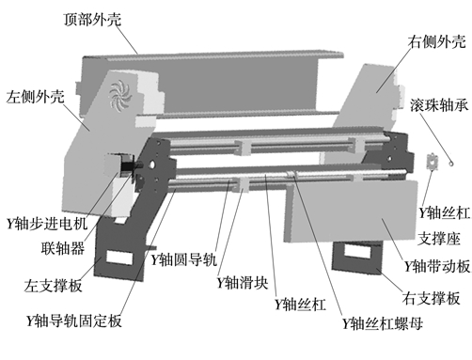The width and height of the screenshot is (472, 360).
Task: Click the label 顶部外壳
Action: coord(92,20)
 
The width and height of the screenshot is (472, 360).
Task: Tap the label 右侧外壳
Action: coord(436,41)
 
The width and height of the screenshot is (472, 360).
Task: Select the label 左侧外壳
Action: coord(36,96)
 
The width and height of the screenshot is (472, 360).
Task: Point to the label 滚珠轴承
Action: coord(439,105)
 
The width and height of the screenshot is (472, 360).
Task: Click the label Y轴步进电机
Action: coord(47,224)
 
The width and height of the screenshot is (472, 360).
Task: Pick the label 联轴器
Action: coord(63,248)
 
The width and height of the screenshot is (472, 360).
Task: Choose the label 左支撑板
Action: coord(54,285)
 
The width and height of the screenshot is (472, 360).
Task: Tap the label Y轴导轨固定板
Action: coord(74,321)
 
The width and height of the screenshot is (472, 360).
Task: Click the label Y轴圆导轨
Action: coord(184,259)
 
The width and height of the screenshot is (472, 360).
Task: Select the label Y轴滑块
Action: coord(243,283)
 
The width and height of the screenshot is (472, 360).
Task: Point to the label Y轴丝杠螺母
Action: coord(383,323)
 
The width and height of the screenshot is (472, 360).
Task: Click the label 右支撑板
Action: coord(432,298)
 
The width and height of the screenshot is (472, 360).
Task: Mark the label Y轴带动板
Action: coord(437,266)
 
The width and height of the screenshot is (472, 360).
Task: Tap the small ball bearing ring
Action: coord(451,163)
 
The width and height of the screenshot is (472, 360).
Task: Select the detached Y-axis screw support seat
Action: coord(432,162)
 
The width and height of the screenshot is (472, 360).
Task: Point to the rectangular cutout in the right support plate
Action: coord(357,251)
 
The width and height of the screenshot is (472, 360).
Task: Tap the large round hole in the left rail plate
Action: coord(152,164)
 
